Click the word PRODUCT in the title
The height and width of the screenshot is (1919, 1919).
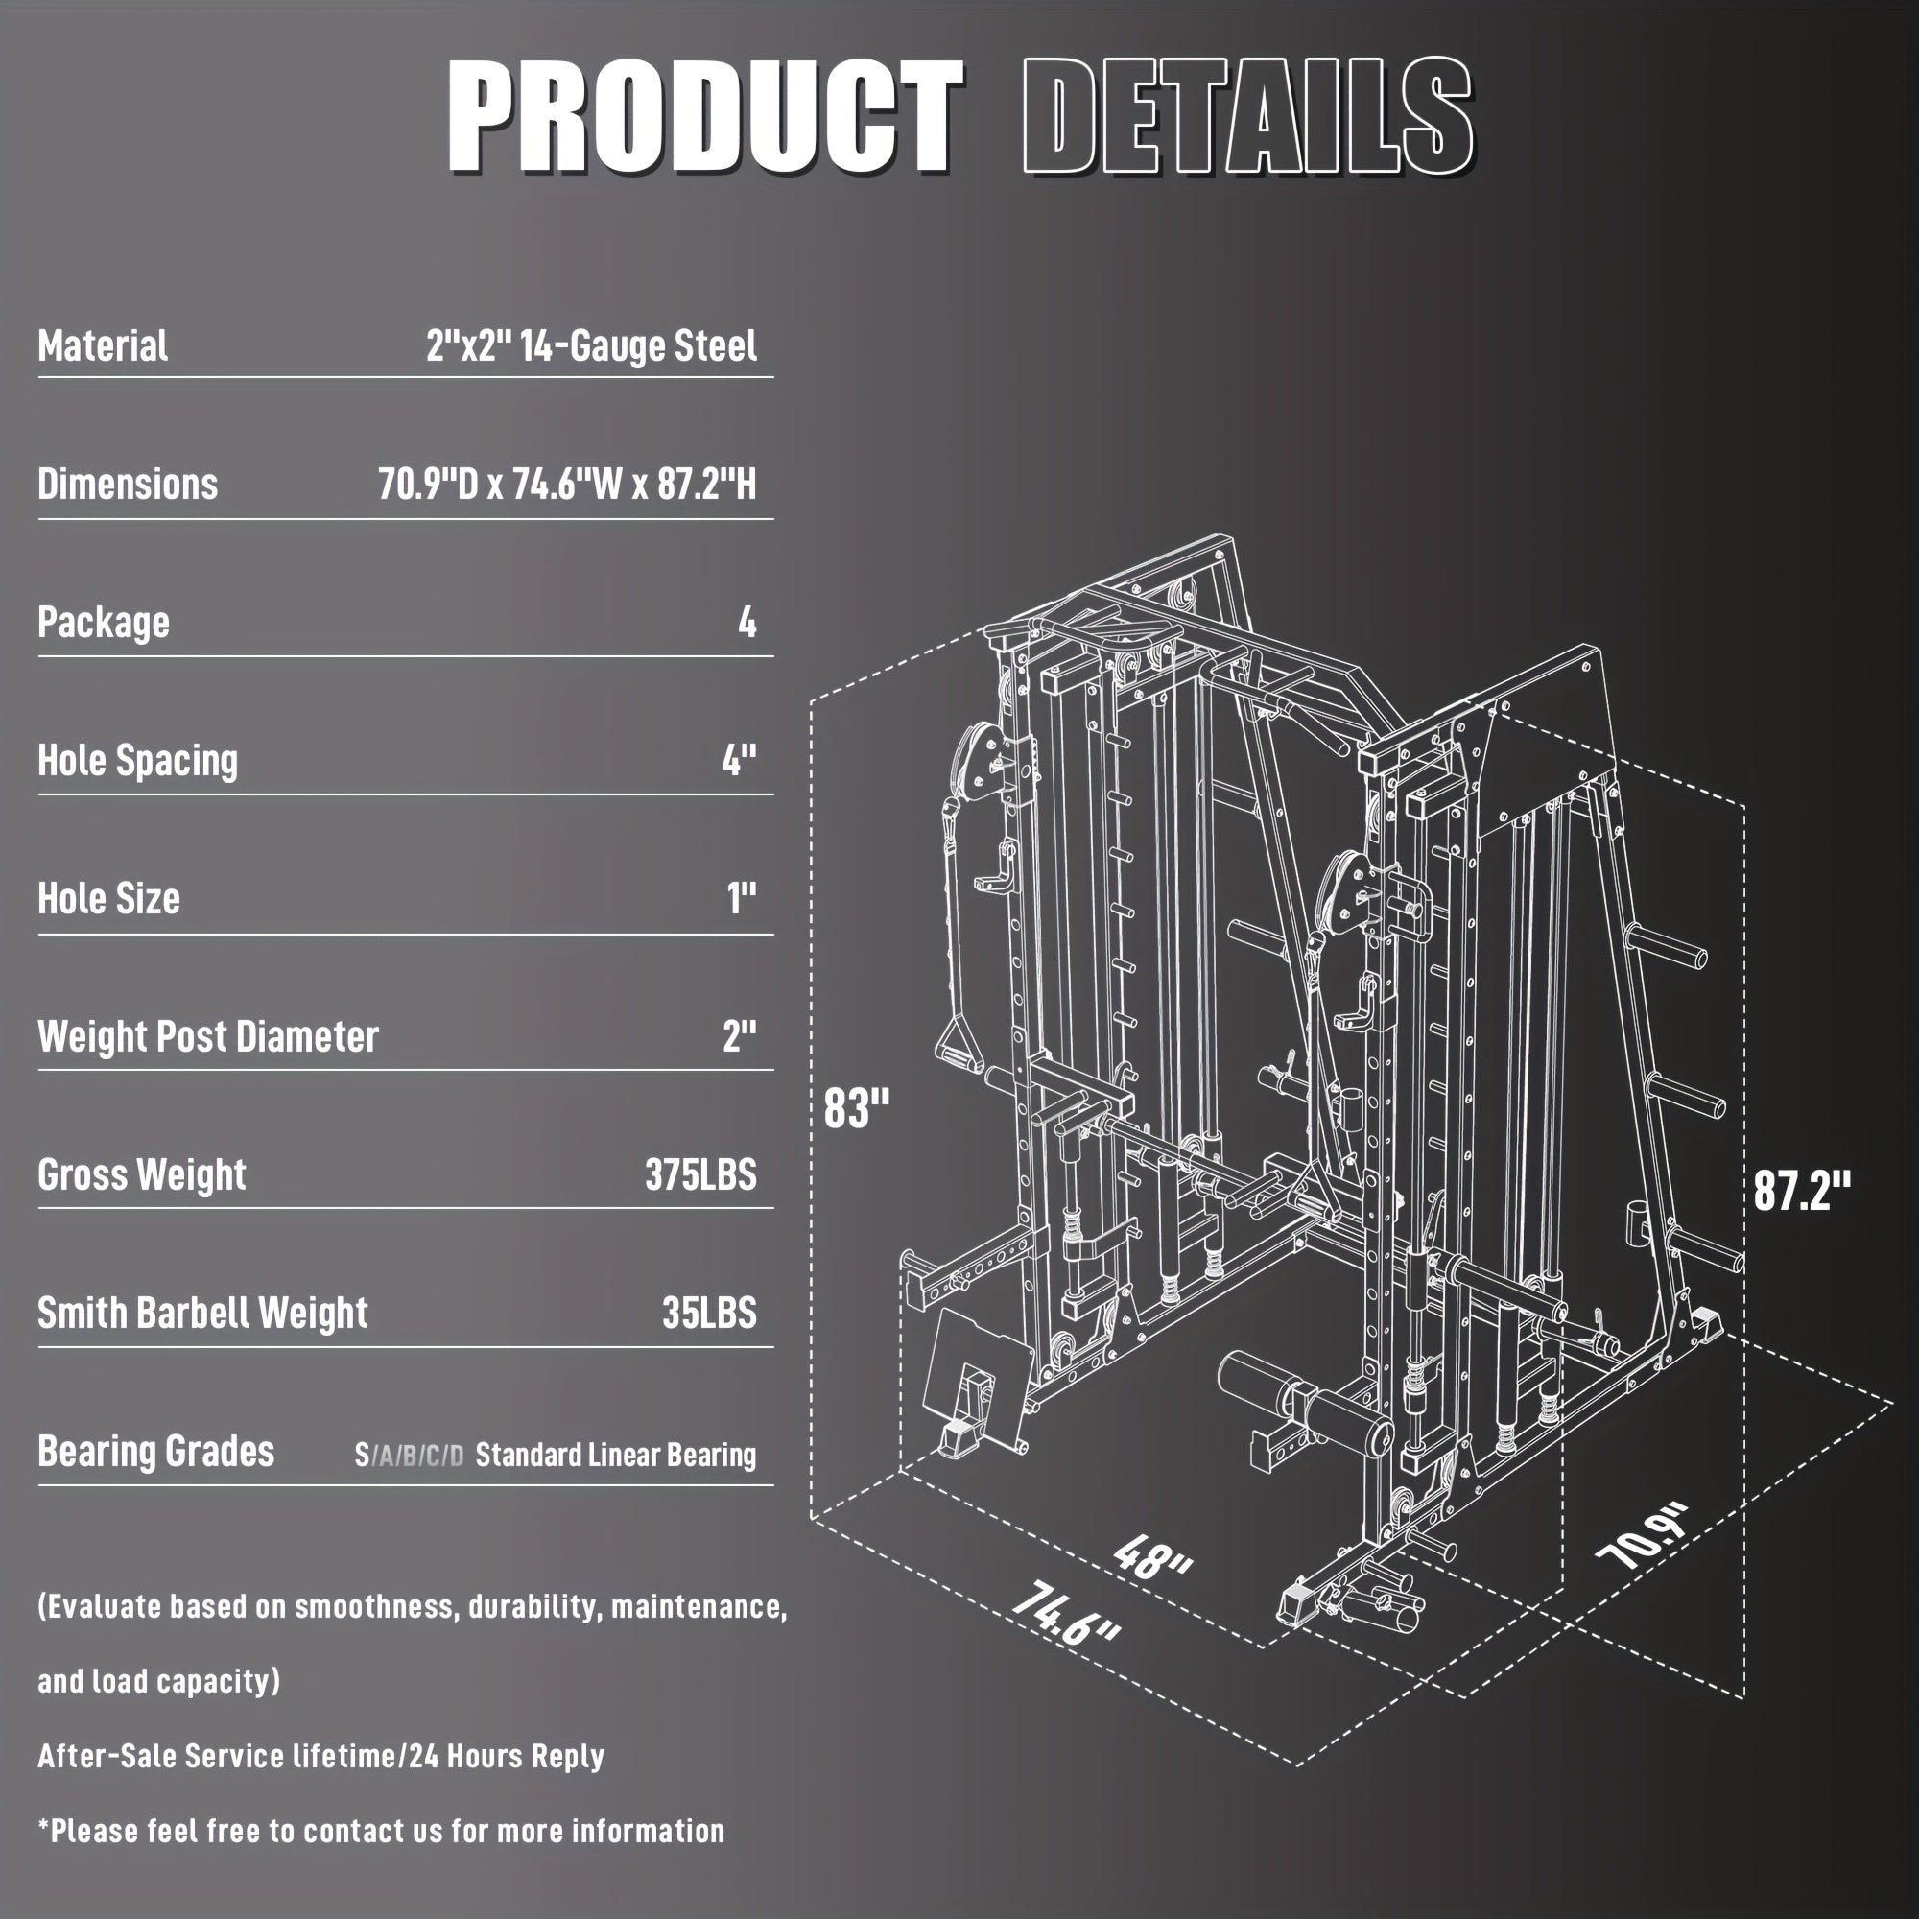pyautogui.click(x=705, y=117)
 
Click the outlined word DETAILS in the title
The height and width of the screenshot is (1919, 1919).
pyautogui.click(x=1246, y=117)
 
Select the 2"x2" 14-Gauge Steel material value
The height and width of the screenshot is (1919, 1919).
pyautogui.click(x=591, y=346)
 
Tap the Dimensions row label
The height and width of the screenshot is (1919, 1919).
pyautogui.click(x=128, y=485)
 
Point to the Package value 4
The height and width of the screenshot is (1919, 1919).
pyautogui.click(x=746, y=623)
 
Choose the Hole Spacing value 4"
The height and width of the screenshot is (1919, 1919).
pyautogui.click(x=739, y=761)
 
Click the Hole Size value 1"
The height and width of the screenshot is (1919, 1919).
pyautogui.click(x=741, y=899)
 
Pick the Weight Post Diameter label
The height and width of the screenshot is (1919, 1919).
pyautogui.click(x=207, y=1037)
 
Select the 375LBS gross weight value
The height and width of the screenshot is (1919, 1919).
pyautogui.click(x=700, y=1175)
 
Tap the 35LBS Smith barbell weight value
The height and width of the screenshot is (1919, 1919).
pyautogui.click(x=709, y=1314)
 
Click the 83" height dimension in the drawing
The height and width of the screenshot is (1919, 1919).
pyautogui.click(x=856, y=1107)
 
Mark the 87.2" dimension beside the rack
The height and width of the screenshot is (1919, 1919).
pyautogui.click(x=1802, y=1190)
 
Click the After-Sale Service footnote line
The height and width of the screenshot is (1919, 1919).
pyautogui.click(x=320, y=1756)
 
